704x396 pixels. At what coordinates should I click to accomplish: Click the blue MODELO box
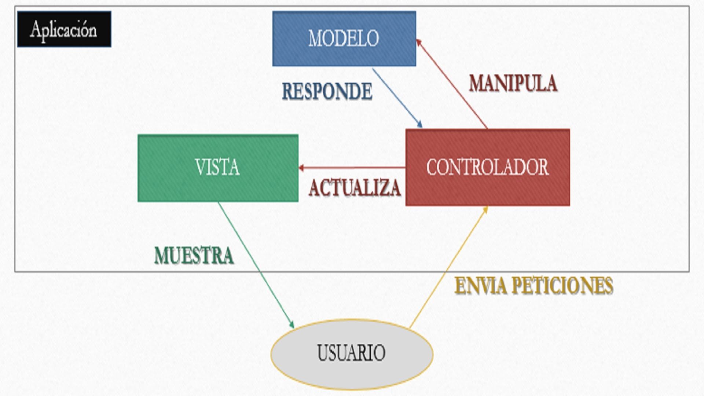344,38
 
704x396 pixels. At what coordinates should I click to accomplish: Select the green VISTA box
218,168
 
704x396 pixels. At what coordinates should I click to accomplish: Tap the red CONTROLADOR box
488,167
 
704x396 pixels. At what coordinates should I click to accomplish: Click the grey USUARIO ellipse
352,353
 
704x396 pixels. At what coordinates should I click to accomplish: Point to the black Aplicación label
64,29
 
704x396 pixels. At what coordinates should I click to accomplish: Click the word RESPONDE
327,91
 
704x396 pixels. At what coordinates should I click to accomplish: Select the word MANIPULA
513,83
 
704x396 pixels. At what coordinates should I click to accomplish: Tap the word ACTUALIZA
355,188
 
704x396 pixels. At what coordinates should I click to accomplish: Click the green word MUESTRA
194,255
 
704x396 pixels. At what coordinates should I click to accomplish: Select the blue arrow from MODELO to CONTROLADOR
397,98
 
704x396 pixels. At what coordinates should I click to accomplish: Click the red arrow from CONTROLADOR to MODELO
452,84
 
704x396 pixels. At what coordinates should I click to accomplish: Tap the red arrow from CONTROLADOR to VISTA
352,168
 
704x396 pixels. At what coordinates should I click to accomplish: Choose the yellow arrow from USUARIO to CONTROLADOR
448,267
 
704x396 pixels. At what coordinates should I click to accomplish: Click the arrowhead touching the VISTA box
302,168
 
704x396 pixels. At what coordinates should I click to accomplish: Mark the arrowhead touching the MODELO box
419,43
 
